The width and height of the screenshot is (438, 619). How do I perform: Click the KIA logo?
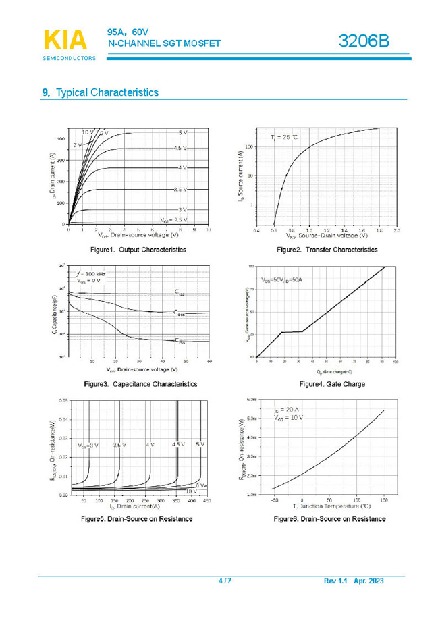tap(65, 40)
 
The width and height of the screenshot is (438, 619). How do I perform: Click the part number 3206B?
tap(364, 41)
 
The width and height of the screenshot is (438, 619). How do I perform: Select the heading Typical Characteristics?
tap(107, 92)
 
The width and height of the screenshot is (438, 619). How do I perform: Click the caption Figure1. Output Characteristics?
tap(138, 250)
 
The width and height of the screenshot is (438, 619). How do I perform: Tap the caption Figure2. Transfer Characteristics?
tap(327, 250)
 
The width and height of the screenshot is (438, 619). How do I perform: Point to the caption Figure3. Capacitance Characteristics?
tap(140, 384)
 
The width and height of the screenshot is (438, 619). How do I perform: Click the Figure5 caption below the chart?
tap(137, 519)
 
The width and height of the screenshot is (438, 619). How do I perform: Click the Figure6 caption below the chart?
tap(329, 519)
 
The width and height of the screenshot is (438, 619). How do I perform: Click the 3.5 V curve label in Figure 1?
tap(180, 190)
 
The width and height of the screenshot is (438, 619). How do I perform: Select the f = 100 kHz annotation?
tap(91, 273)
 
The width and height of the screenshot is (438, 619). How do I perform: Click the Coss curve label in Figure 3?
tap(180, 314)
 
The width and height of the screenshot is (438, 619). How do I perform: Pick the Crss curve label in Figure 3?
tap(180, 341)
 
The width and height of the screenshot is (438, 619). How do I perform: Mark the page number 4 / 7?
tap(225, 581)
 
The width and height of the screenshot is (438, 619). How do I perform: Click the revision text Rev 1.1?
tap(335, 581)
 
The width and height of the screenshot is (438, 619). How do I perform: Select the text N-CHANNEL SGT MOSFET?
tap(165, 43)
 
